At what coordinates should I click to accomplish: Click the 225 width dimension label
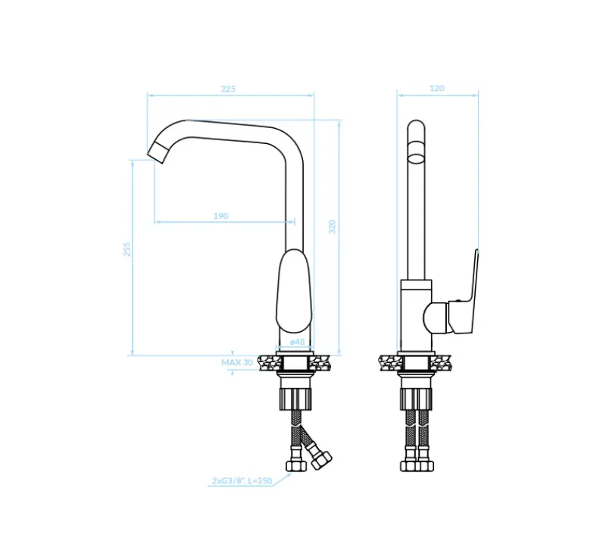tap(228, 89)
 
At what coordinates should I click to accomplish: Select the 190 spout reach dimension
tap(220, 216)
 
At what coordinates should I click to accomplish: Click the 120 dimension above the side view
tap(437, 89)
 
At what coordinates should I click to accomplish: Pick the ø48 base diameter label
tap(298, 342)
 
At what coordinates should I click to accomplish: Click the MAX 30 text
tap(237, 362)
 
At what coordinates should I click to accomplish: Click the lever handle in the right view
tap(464, 296)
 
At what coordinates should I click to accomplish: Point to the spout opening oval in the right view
tap(417, 158)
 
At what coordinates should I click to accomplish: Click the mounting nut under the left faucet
tap(295, 395)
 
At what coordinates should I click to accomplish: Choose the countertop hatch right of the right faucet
tap(447, 363)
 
